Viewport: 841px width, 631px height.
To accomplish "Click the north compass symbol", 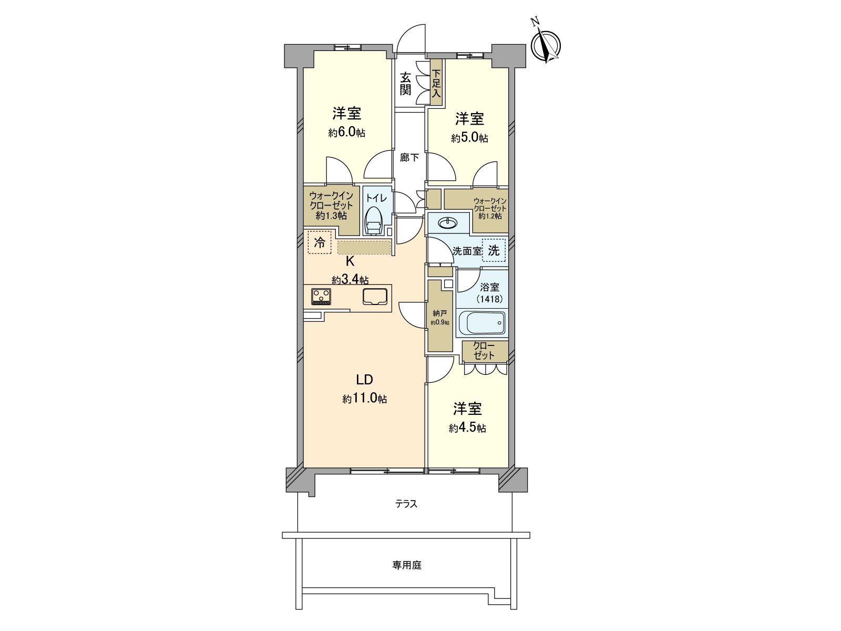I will (x=547, y=45).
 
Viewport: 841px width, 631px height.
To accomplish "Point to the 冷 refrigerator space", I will (x=319, y=242).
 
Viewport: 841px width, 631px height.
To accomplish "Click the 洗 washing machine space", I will (x=494, y=250).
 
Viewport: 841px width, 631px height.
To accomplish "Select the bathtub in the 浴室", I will (x=482, y=322).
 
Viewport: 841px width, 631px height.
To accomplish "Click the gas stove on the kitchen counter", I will (x=321, y=297).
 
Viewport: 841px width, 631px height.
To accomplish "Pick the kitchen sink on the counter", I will (x=374, y=296).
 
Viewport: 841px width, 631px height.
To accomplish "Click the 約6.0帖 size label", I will (x=346, y=133).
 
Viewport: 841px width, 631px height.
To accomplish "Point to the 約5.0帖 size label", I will (x=469, y=138).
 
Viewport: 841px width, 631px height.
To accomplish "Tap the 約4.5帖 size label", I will (x=467, y=428).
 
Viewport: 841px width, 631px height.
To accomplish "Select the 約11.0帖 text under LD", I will (x=365, y=399).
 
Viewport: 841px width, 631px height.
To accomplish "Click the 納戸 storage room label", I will (x=440, y=313).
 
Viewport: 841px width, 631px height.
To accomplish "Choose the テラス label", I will (x=406, y=504).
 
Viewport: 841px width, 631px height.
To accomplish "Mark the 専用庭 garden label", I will (x=407, y=565).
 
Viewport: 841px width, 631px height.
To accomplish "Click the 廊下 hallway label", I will (x=409, y=157).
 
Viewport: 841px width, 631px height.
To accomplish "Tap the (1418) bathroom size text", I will (x=489, y=299).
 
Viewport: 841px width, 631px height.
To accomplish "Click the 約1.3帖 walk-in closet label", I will (x=331, y=216).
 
